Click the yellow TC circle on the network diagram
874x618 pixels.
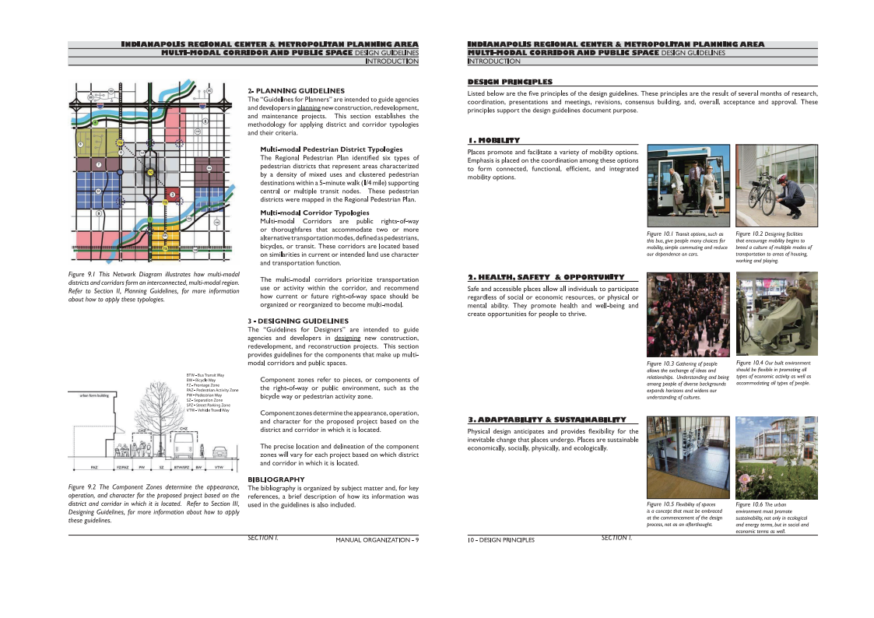pos(150,172)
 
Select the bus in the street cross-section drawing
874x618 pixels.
pos(182,446)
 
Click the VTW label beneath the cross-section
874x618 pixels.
pos(219,468)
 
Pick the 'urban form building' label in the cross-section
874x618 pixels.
pos(94,395)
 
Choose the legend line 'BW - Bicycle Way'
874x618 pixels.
pos(200,380)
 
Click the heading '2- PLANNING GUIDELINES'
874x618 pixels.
pos(296,91)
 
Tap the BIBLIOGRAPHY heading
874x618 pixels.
pos(276,479)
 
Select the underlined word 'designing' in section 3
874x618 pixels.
pos(347,339)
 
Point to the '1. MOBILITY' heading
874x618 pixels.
pos(493,140)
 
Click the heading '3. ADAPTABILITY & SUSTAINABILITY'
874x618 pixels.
pos(546,420)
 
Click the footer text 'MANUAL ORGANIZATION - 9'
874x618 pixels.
pos(377,540)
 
